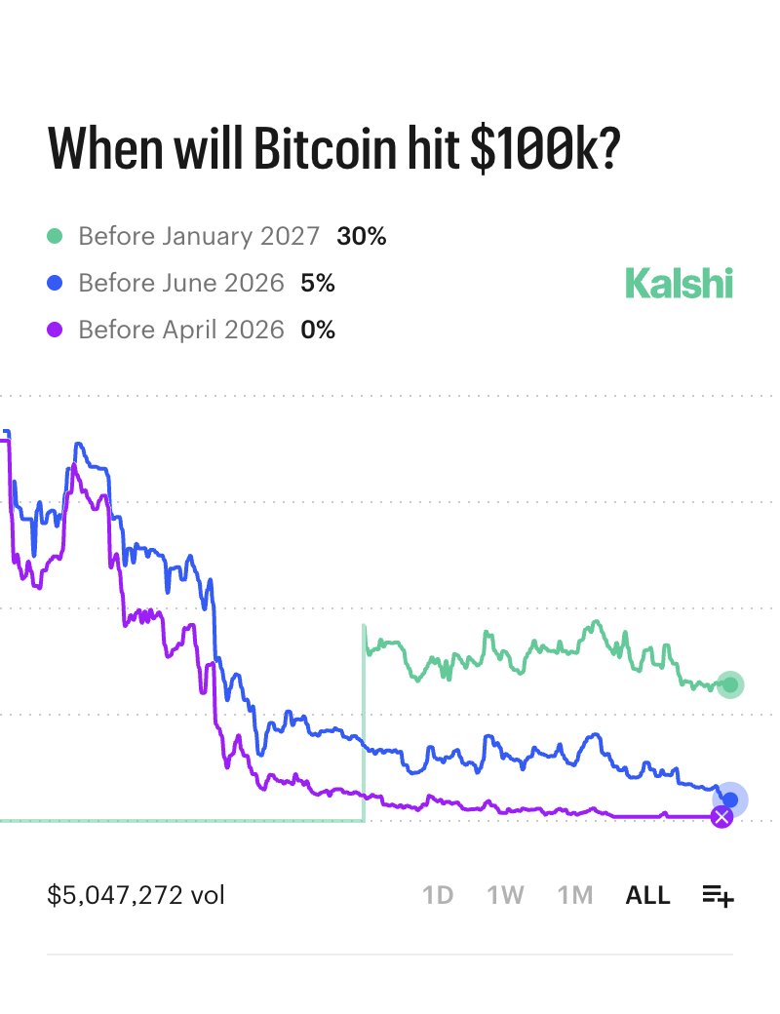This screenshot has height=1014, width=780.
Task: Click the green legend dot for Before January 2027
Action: pyautogui.click(x=56, y=236)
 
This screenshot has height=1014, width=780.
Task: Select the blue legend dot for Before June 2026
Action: pyautogui.click(x=56, y=283)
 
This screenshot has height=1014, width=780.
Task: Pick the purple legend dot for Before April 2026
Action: pyautogui.click(x=56, y=331)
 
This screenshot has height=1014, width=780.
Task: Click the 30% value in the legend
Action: pyautogui.click(x=362, y=236)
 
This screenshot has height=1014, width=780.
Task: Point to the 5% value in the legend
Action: pyautogui.click(x=318, y=283)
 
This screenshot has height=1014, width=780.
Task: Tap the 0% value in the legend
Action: pyautogui.click(x=318, y=331)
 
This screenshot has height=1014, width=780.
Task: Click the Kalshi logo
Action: pyautogui.click(x=679, y=283)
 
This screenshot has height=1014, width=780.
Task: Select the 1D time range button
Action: pyautogui.click(x=438, y=895)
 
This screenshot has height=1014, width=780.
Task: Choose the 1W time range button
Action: pyautogui.click(x=506, y=895)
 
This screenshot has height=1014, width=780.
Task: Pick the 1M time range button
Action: pyautogui.click(x=575, y=895)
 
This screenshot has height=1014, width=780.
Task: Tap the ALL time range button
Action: pyautogui.click(x=647, y=895)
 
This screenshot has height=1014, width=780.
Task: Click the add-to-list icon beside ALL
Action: pyautogui.click(x=718, y=895)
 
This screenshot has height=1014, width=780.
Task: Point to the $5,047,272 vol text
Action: pyautogui.click(x=136, y=895)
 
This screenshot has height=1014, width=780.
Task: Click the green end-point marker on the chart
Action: pyautogui.click(x=729, y=684)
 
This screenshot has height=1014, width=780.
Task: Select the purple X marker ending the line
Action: pyautogui.click(x=721, y=817)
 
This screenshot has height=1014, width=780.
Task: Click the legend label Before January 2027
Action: pyautogui.click(x=199, y=236)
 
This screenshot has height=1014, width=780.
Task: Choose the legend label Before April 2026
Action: pyautogui.click(x=181, y=331)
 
